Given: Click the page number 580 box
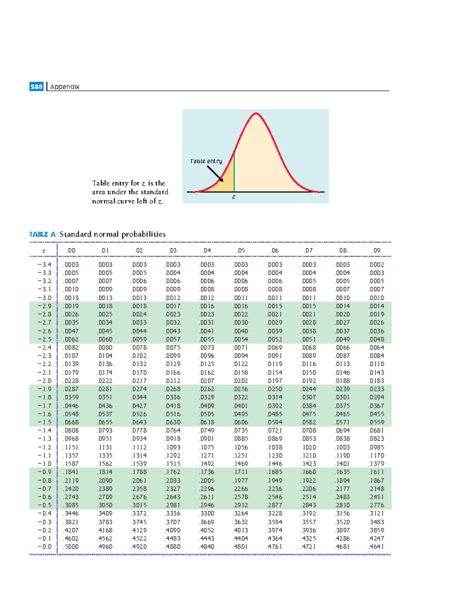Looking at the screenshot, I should (x=36, y=87).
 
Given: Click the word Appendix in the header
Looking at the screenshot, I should (x=64, y=87).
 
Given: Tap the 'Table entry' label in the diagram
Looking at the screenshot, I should (x=206, y=161).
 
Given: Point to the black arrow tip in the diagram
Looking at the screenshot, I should (x=222, y=181).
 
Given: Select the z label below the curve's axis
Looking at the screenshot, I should (x=233, y=197).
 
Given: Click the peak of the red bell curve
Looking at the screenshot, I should (x=256, y=113).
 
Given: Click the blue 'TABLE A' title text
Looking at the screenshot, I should (x=42, y=234).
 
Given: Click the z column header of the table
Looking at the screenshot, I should (x=43, y=251).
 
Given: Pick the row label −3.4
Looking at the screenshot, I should (x=44, y=265).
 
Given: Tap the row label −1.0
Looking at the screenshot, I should (x=44, y=464).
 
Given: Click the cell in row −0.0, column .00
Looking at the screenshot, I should (x=71, y=547).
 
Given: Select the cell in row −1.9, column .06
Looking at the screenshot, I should (x=274, y=389).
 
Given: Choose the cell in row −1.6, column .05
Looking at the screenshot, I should (x=240, y=414).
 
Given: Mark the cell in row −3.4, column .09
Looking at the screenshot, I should (x=376, y=265).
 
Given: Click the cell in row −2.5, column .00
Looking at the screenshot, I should (x=71, y=339).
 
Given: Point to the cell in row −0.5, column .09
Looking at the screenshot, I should (x=376, y=505).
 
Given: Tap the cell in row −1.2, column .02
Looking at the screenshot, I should (x=139, y=447).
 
